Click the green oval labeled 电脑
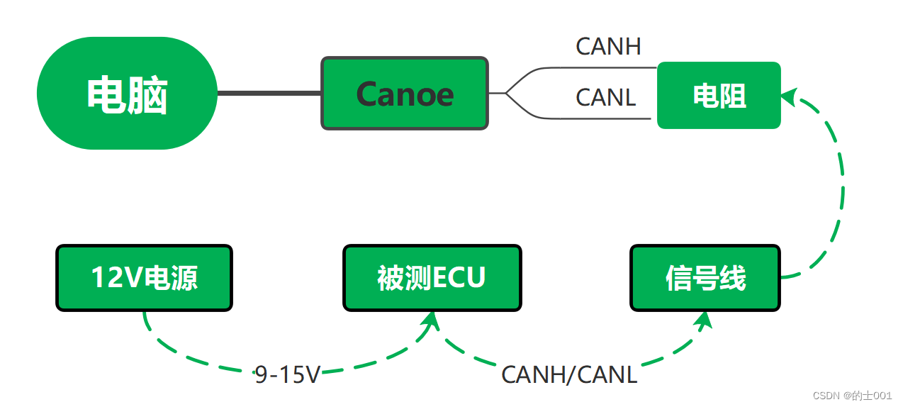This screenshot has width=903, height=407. [127, 94]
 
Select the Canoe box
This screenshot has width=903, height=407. [405, 94]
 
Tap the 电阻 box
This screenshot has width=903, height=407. [719, 95]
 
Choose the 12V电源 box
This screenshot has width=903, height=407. [144, 278]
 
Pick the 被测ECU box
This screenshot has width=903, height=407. [432, 278]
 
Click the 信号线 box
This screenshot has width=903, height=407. [705, 278]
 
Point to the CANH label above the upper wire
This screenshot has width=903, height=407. [608, 47]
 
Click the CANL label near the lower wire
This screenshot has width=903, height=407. [605, 98]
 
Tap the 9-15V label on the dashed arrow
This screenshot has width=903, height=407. [288, 374]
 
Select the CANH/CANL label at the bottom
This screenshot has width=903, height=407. [569, 374]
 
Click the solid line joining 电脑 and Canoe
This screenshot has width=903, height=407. [269, 93]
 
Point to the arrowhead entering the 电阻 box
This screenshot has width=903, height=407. [789, 96]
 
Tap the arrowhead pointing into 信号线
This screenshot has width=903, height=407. [703, 320]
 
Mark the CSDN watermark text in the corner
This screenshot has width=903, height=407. [852, 396]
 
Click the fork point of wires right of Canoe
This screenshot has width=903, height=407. [506, 93]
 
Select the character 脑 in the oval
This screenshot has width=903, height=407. [148, 96]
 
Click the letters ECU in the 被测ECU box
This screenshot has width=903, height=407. [459, 278]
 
